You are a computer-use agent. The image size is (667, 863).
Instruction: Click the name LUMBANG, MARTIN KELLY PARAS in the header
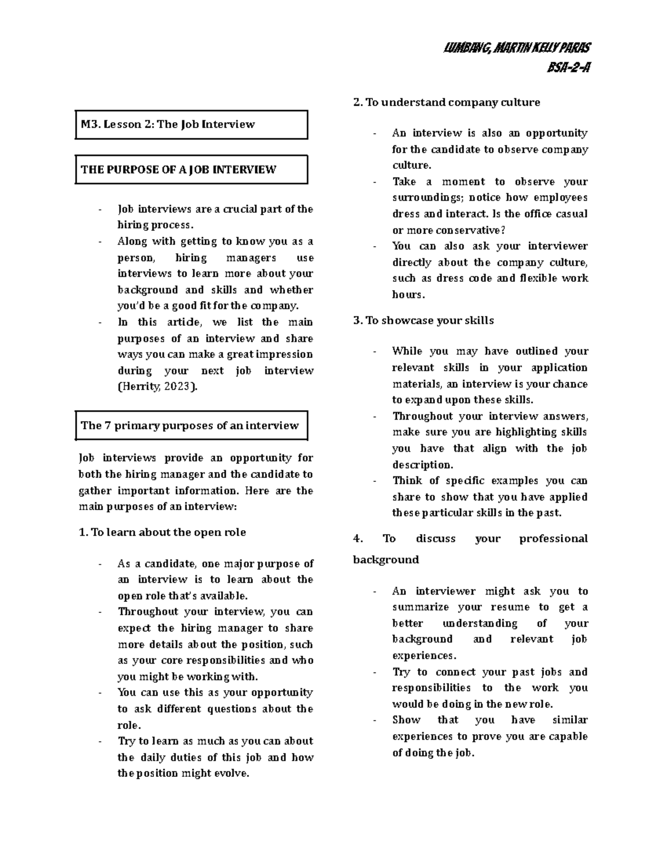(517, 48)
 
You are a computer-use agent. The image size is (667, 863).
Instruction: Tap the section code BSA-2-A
(568, 68)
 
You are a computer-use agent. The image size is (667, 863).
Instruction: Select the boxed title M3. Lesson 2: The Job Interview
(167, 124)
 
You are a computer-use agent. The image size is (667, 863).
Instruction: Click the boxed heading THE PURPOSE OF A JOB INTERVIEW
(178, 170)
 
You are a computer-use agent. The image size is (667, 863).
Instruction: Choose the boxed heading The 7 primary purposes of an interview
(190, 426)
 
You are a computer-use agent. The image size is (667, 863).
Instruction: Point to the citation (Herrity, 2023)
(157, 387)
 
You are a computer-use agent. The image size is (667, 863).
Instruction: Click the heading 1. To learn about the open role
(162, 532)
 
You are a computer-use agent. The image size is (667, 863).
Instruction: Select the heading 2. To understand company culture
(446, 102)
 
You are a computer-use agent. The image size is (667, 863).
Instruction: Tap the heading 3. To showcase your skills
(424, 321)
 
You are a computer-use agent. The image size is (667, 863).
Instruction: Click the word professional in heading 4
(553, 538)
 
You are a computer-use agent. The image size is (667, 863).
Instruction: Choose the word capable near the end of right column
(568, 737)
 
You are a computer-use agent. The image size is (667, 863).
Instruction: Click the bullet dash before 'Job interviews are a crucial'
(99, 210)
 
